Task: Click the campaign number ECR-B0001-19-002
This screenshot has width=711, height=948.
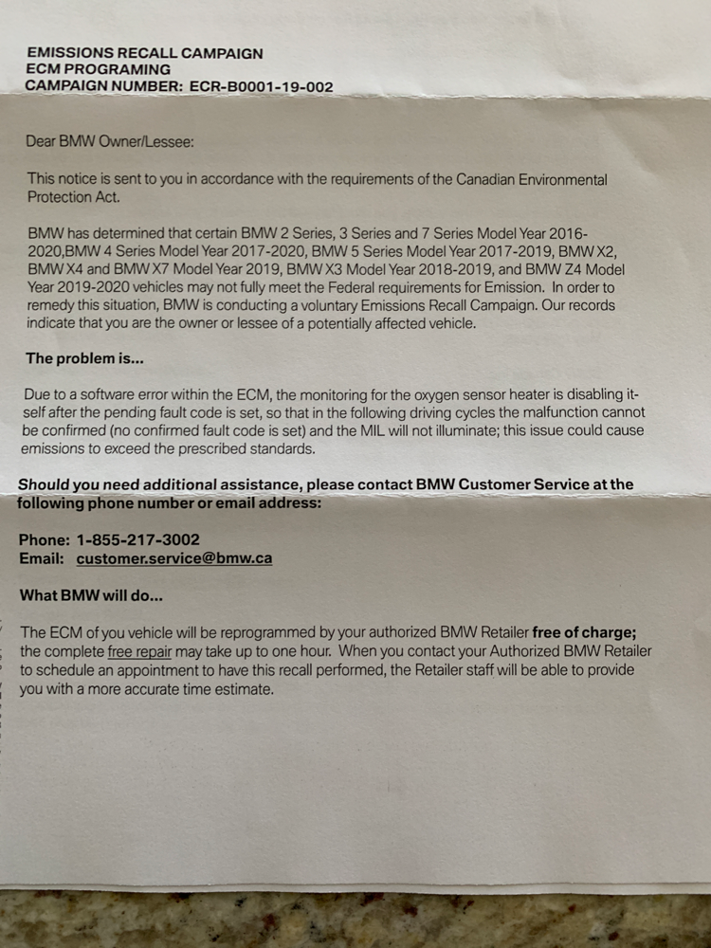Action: click(262, 86)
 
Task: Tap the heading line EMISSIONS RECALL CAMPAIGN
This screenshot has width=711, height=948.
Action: click(144, 54)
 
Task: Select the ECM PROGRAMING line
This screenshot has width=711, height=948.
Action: click(99, 70)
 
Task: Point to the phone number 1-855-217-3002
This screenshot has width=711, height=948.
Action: click(138, 539)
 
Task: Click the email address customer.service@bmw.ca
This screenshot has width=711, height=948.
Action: click(174, 558)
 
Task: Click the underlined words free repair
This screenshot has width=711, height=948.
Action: click(139, 652)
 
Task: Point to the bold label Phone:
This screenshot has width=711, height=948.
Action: click(44, 539)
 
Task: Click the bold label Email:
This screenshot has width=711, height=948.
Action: click(42, 558)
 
